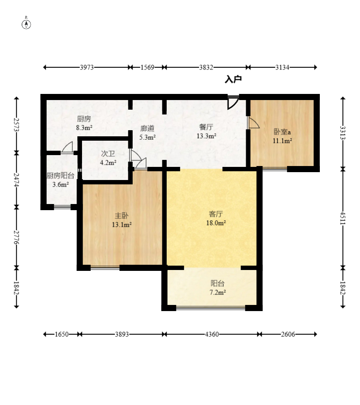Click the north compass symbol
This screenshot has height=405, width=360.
tap(26, 23)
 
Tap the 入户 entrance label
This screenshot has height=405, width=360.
tap(233, 79)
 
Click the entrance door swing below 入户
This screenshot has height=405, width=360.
tap(233, 103)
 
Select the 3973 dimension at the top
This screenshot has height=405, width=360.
tap(87, 67)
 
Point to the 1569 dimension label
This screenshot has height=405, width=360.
tap(147, 67)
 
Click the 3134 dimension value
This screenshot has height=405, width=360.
tap(282, 67)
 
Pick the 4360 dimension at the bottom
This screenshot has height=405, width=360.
tap(212, 334)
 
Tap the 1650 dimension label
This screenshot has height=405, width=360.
tap(62, 334)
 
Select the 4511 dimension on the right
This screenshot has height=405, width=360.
tap(343, 218)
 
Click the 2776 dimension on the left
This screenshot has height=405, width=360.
tap(17, 237)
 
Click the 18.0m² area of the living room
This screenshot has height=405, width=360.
tap(216, 223)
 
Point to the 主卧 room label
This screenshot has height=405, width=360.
tap(122, 216)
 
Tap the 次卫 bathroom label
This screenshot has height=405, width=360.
tap(108, 154)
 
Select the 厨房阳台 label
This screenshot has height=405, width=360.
tap(60, 176)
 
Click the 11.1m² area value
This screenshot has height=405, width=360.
tap(282, 141)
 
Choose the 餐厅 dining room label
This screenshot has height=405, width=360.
tap(206, 127)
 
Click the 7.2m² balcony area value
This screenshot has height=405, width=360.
tap(218, 292)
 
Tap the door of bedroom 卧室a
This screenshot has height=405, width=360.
tap(253, 123)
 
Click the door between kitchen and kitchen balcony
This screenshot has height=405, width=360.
tap(67, 148)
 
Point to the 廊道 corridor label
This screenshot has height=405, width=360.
tap(147, 128)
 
